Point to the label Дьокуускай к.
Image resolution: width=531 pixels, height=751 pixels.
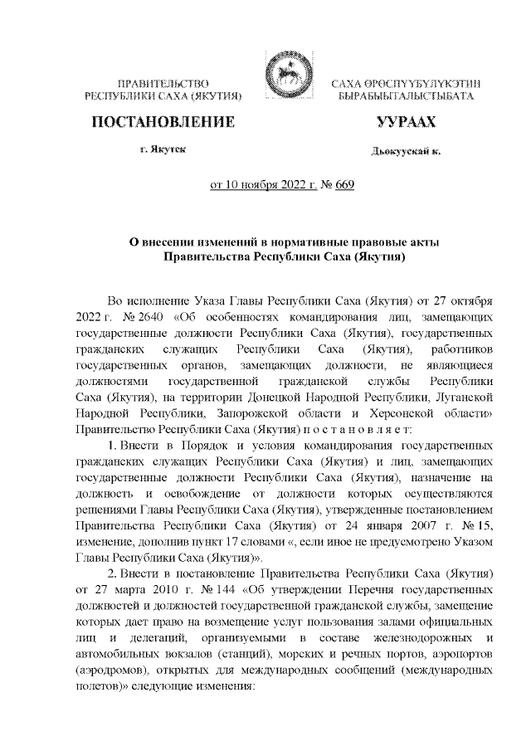coord(406,151)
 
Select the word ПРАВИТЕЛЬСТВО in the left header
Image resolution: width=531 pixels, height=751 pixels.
coord(163,85)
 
